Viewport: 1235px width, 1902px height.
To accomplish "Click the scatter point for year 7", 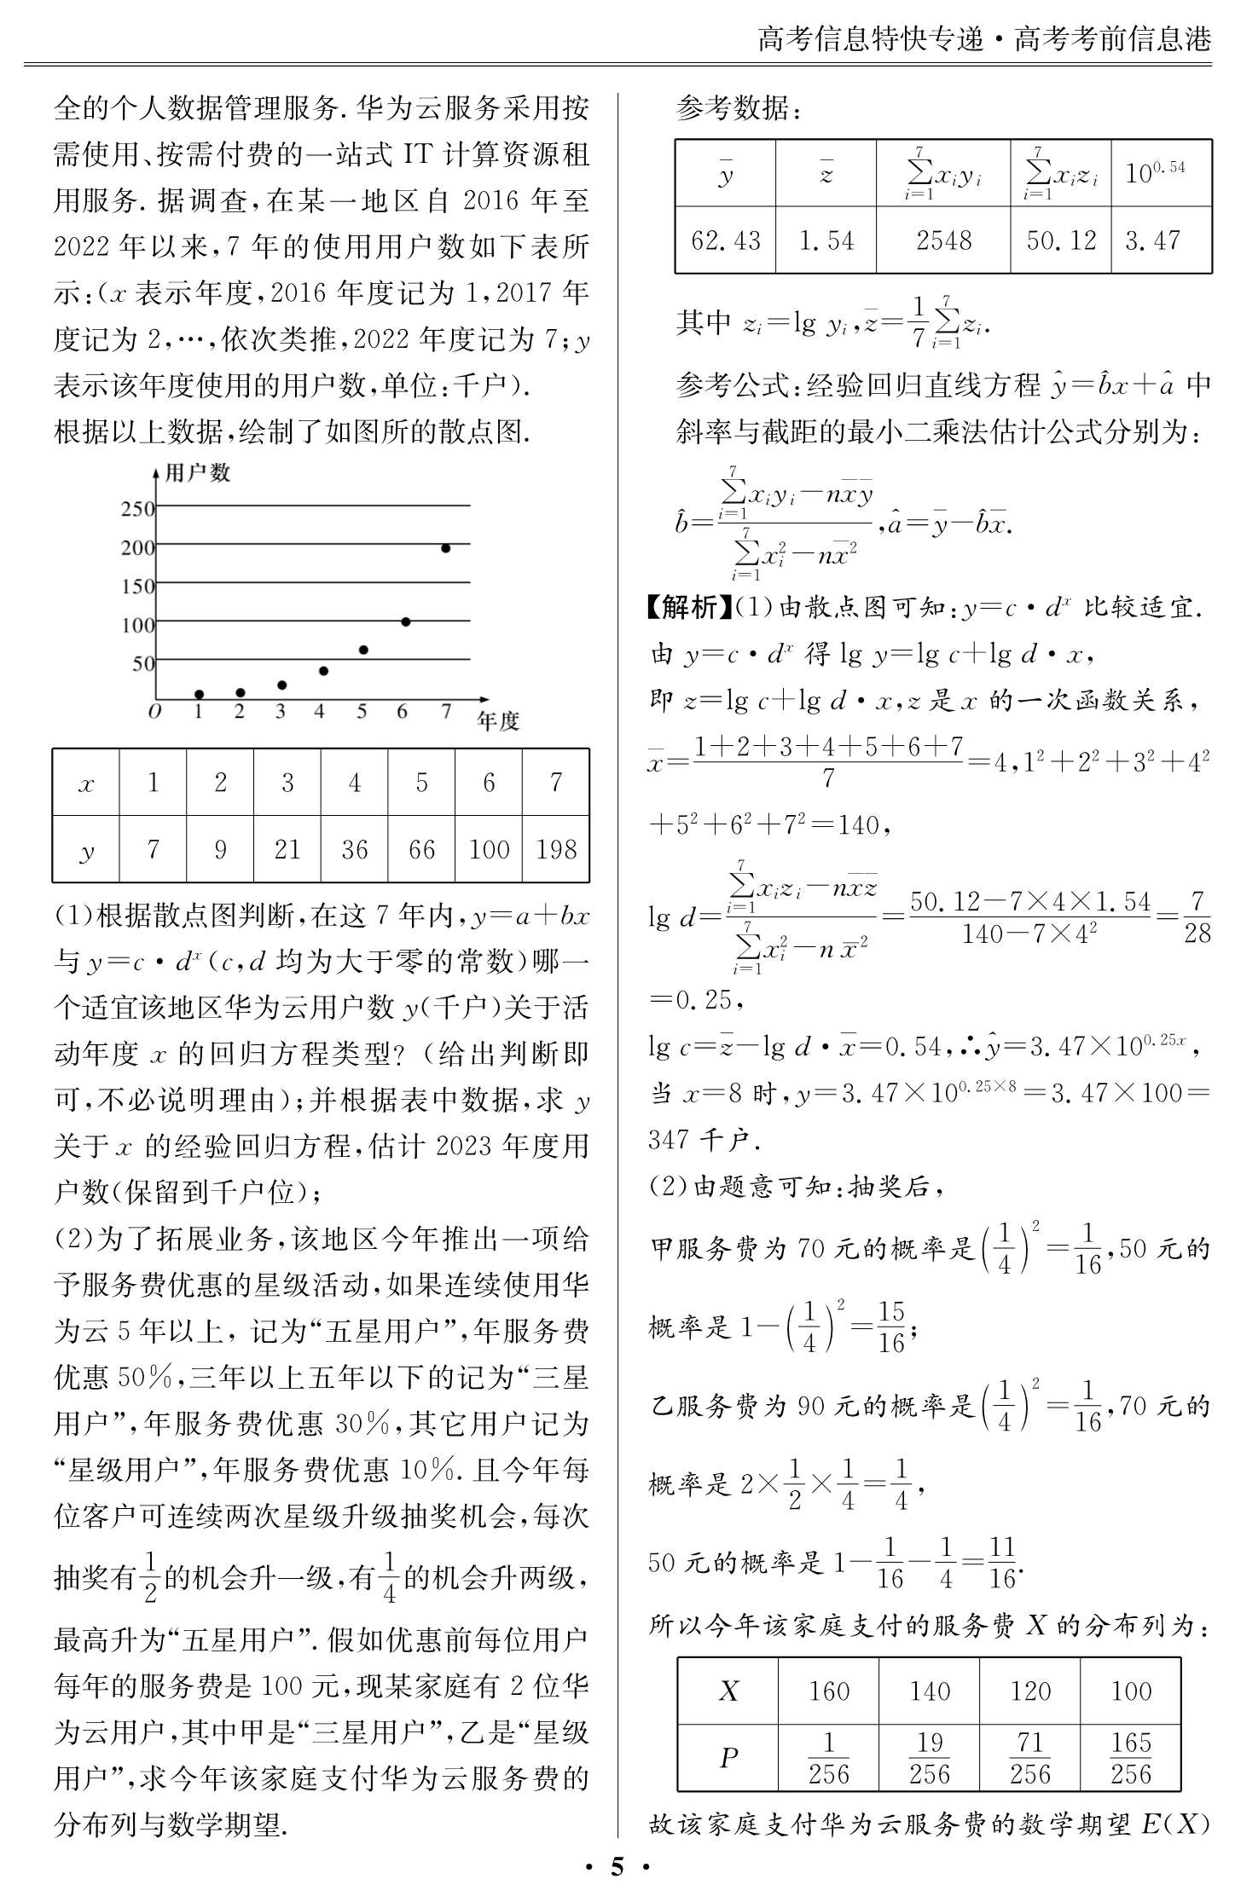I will (445, 548).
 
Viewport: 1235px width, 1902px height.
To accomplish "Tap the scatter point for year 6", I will (405, 622).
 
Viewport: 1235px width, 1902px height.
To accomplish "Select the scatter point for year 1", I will (199, 695).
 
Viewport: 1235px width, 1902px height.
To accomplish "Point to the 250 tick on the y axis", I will (137, 509).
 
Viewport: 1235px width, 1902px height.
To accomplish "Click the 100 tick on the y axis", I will (137, 625).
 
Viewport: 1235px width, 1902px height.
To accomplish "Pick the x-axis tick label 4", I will (320, 712).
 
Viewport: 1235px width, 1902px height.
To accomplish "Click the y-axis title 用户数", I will (197, 473).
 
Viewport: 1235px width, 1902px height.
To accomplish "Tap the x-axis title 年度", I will (498, 721).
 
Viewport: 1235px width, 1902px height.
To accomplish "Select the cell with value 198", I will (556, 849).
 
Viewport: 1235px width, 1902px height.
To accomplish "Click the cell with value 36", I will (354, 849).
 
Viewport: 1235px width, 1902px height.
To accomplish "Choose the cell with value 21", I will (287, 849).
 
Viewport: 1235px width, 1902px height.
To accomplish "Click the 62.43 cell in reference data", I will (725, 240).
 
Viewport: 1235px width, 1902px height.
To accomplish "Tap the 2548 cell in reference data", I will (943, 240).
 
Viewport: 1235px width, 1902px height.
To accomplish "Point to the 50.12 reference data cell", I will (1061, 240).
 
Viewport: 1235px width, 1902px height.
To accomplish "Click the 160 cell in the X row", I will (829, 1691).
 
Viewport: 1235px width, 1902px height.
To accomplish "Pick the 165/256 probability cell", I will (1131, 1758).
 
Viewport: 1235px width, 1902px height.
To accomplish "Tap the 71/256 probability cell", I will (1030, 1758).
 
